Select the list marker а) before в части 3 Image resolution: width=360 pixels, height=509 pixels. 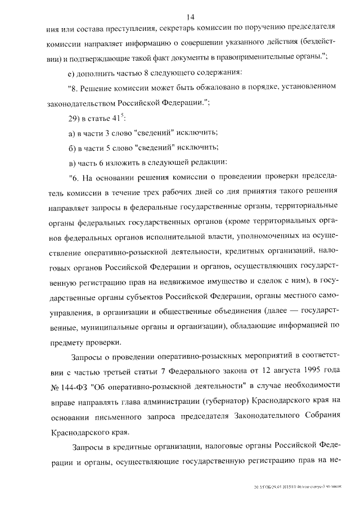click(x=71, y=133)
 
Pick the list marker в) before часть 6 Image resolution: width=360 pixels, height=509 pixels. click(x=71, y=163)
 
